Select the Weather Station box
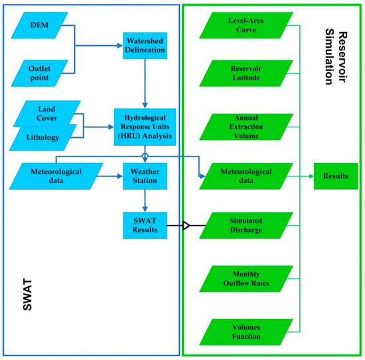coord(145,177)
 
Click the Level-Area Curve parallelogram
coord(248,26)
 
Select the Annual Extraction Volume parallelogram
coord(248,126)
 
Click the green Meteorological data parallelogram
coord(248,177)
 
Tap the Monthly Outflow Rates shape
coord(248,276)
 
